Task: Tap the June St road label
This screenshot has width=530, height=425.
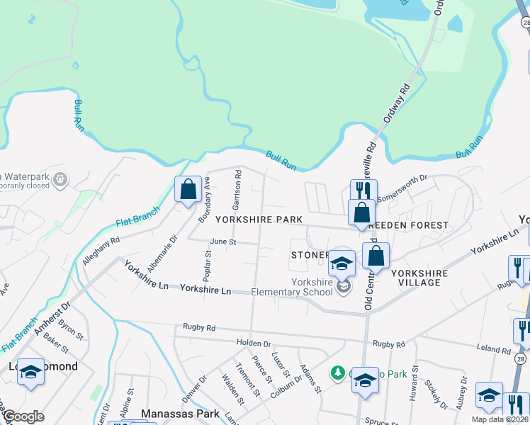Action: [x=222, y=242]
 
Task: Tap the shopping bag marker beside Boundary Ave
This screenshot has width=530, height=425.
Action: [x=188, y=191]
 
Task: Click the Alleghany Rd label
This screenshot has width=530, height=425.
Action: [x=100, y=251]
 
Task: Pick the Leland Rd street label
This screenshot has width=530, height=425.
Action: [x=494, y=350]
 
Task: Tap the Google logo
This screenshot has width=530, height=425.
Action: [x=24, y=416]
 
